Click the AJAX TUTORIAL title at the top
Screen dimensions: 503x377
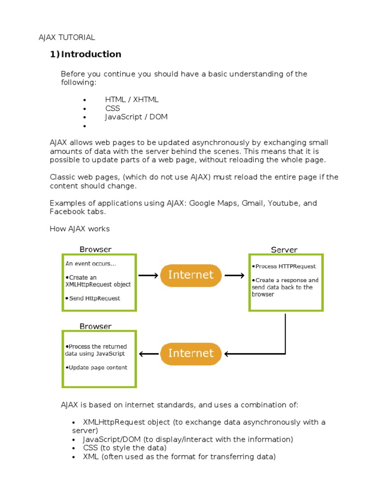click(x=67, y=37)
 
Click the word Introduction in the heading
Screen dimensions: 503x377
click(x=91, y=54)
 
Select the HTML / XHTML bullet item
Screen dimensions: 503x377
click(x=132, y=99)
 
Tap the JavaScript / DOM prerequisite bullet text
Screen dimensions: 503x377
click(x=136, y=117)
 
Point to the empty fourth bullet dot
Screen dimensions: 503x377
click(x=85, y=126)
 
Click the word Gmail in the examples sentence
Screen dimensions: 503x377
click(x=252, y=203)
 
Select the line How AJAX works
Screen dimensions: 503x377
click(x=80, y=229)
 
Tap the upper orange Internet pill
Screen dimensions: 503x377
click(x=191, y=275)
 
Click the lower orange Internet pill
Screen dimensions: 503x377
click(x=191, y=353)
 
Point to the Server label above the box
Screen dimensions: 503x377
click(x=284, y=250)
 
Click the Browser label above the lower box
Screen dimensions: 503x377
click(x=95, y=326)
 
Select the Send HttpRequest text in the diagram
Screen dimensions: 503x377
click(x=94, y=298)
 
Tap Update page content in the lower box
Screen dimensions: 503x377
click(x=97, y=367)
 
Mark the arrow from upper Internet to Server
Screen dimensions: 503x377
click(x=235, y=276)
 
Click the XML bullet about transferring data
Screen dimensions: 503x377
click(x=179, y=456)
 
